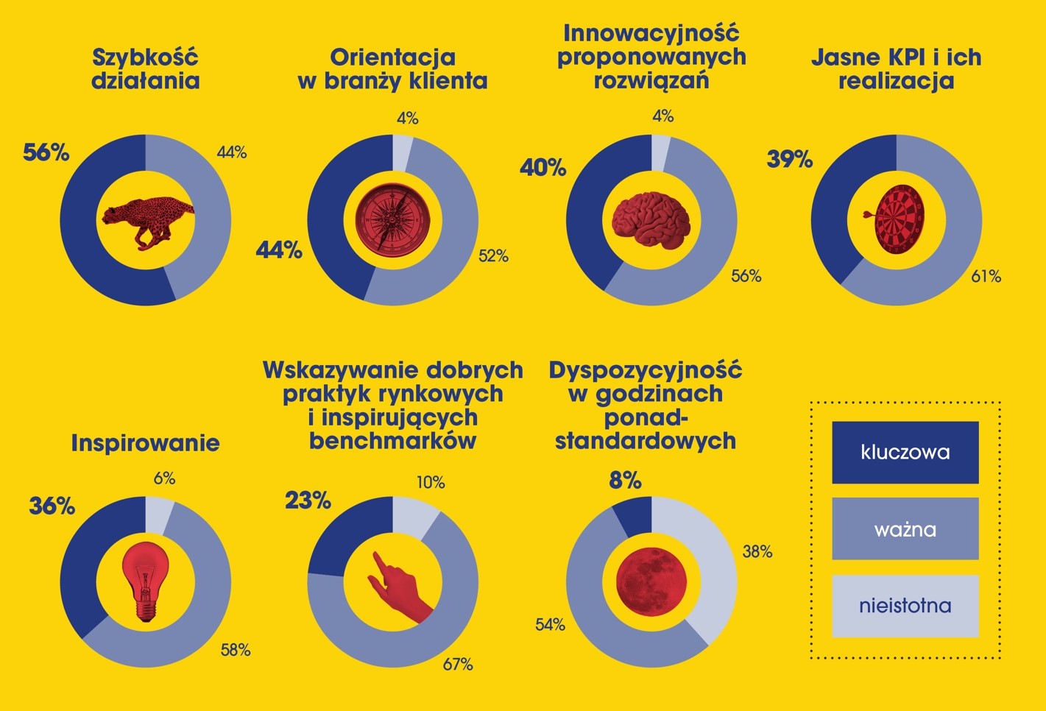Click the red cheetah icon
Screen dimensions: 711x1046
147,219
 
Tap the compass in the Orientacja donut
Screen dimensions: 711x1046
392,219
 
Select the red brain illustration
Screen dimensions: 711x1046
651,218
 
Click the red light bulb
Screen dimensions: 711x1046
146,582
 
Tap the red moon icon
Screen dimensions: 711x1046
651,581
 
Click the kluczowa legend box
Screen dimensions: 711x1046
905,452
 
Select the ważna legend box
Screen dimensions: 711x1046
905,528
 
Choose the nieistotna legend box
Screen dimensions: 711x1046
905,606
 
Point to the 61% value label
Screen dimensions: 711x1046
986,277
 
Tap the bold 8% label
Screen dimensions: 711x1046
625,481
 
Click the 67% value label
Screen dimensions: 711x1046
458,665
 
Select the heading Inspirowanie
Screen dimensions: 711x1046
145,443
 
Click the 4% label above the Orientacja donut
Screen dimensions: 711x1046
407,118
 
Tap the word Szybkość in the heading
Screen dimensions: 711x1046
145,57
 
